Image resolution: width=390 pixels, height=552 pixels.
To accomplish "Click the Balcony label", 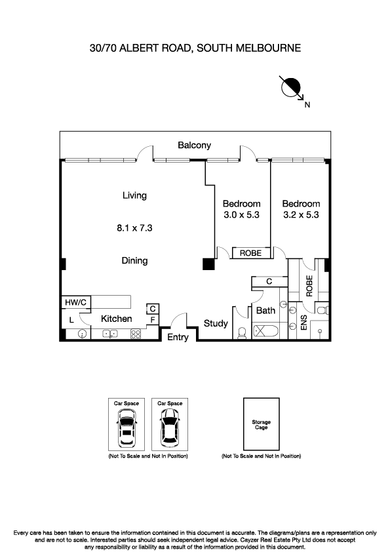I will coord(194,145).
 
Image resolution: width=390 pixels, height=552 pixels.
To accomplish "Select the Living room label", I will coord(134,195).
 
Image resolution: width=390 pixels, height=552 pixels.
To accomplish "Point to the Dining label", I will coord(134,260).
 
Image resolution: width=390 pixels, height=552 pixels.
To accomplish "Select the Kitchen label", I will coord(116,319).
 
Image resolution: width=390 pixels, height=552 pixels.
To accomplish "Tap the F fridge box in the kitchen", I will coord(152,319).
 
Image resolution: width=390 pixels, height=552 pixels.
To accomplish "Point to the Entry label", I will coord(178,337).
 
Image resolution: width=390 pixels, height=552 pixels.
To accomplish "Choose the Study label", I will coord(216,323).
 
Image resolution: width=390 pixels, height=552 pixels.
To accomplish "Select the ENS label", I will coord(303,323).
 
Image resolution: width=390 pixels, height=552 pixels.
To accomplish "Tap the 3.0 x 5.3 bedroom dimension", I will coord(241,214).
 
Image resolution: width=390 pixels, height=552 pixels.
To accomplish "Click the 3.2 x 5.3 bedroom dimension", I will coord(301,214).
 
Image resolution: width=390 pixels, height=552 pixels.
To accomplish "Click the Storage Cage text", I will coord(261,425).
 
